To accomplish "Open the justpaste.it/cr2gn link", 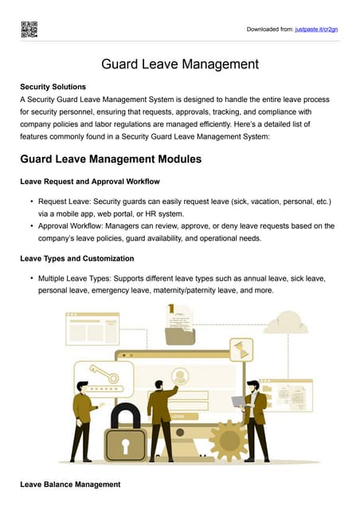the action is pos(316,29).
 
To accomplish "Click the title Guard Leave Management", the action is pos(179,64).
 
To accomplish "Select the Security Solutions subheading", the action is pos(53,86).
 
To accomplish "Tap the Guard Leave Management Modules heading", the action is pos(111,159).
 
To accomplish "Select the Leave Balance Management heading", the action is pos(70,484).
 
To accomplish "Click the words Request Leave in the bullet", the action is pos(64,202).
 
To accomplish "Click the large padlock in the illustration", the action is pos(126,434).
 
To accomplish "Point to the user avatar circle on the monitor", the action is pos(180,375).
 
